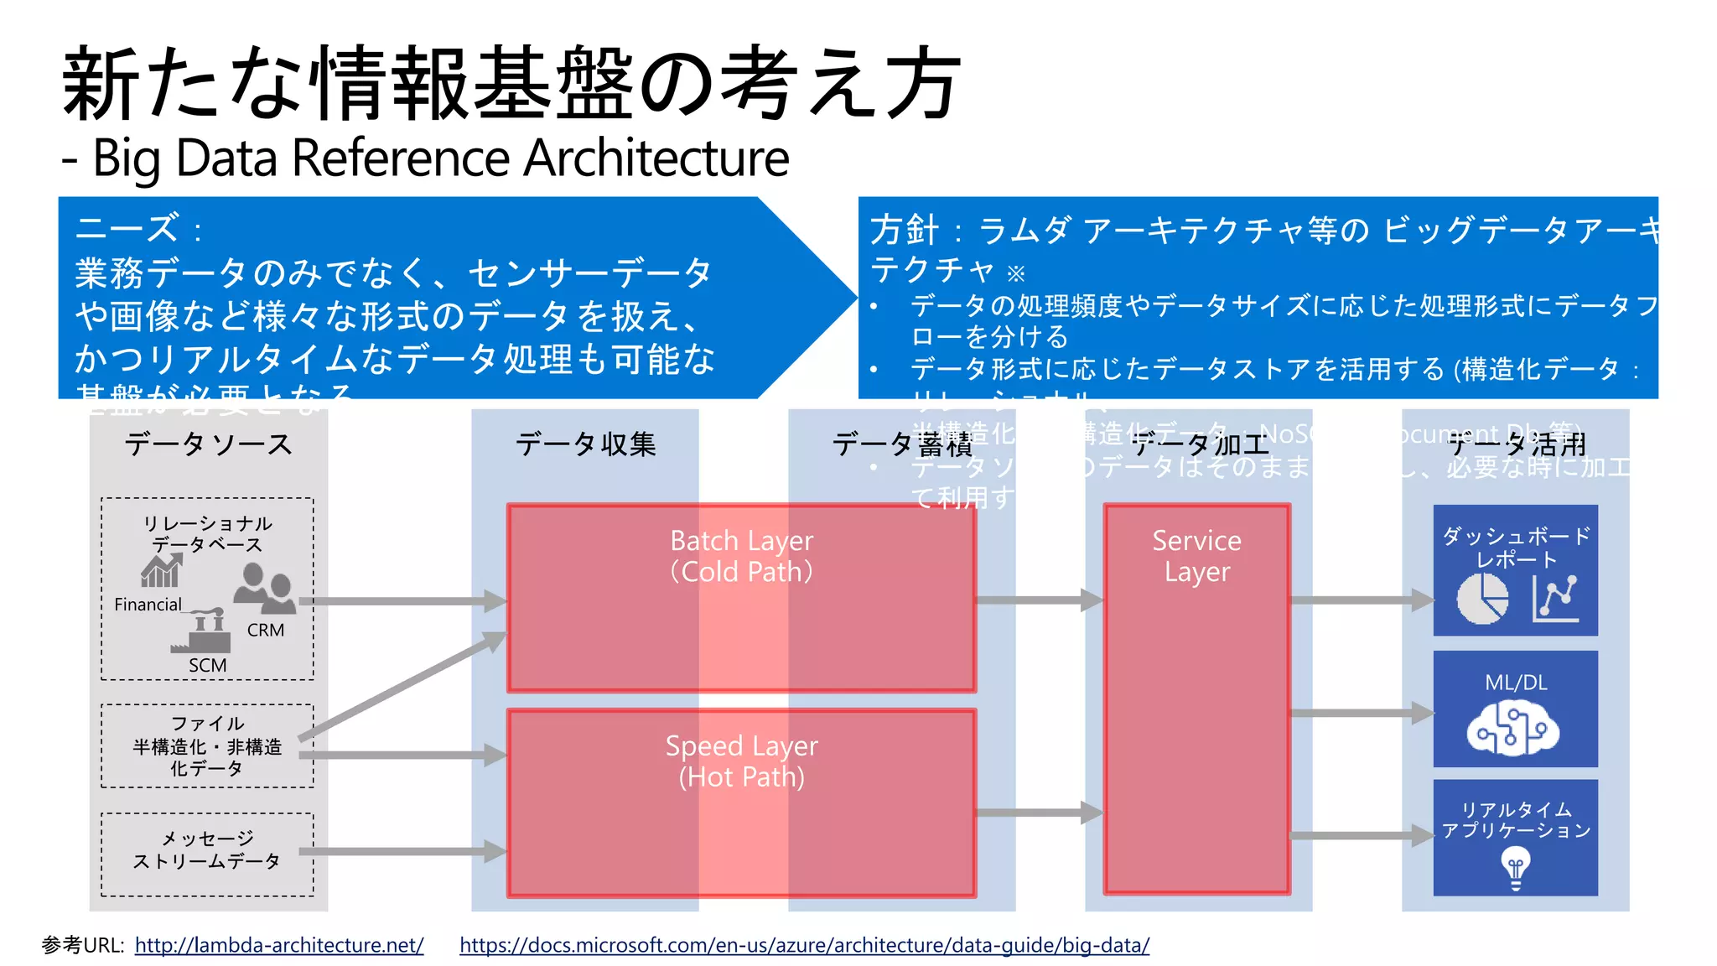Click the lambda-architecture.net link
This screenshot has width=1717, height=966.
[x=279, y=945]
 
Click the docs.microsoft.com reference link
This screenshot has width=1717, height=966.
[x=804, y=945]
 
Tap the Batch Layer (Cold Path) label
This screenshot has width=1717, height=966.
[x=741, y=556]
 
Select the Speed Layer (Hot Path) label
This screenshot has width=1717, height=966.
[x=741, y=761]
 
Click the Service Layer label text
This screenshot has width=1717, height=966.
[x=1196, y=556]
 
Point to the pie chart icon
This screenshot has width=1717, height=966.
[x=1482, y=599]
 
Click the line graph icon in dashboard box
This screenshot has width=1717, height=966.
[x=1556, y=599]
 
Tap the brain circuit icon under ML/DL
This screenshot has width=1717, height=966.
[x=1513, y=729]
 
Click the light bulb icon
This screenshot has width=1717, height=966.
[x=1515, y=867]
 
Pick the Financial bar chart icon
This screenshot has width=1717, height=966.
[x=161, y=572]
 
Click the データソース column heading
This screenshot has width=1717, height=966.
[x=208, y=444]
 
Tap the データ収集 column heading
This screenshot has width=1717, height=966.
[x=585, y=444]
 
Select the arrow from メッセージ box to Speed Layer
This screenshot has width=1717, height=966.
[x=402, y=852]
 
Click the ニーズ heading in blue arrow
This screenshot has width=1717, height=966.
[x=127, y=228]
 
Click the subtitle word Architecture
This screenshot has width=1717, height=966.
[x=656, y=158]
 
